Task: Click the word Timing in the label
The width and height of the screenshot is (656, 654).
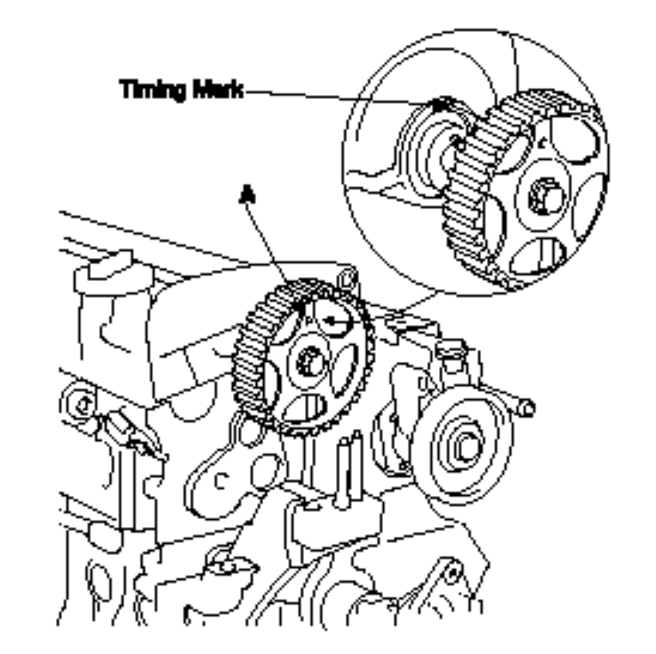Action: [152, 89]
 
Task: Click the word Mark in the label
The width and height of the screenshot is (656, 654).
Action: [218, 89]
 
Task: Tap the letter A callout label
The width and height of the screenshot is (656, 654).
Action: [247, 195]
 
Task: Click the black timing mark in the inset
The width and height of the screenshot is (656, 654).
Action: [439, 104]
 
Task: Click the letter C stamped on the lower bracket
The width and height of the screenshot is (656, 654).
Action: [220, 482]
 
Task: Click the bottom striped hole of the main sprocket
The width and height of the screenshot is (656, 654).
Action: [306, 408]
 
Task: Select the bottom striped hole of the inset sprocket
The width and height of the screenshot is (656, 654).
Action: [539, 256]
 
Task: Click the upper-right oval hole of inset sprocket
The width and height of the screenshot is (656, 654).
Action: [573, 139]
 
